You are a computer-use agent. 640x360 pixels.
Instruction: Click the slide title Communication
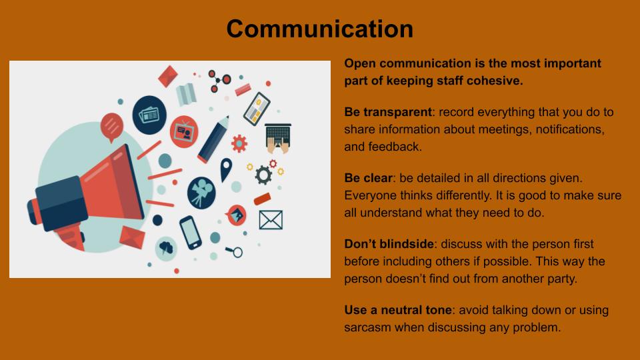[319, 29]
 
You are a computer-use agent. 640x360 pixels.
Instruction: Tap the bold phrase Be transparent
[388, 112]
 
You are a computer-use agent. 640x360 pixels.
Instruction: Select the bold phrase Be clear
[368, 178]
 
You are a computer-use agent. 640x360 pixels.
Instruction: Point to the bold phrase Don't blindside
[389, 244]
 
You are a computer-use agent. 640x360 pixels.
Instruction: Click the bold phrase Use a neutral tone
[398, 310]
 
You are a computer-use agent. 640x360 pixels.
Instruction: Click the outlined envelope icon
[271, 220]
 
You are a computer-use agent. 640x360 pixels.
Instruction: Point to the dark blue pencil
[213, 139]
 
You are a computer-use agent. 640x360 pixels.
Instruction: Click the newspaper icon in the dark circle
[149, 115]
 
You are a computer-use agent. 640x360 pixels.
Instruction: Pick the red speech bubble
[112, 127]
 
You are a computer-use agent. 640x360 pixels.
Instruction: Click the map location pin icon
[226, 169]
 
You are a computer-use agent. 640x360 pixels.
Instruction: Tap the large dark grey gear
[263, 175]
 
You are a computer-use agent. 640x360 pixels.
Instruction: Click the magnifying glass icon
[235, 252]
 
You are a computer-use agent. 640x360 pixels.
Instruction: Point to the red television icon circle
[184, 132]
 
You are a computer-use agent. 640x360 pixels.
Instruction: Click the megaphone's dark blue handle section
[61, 203]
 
